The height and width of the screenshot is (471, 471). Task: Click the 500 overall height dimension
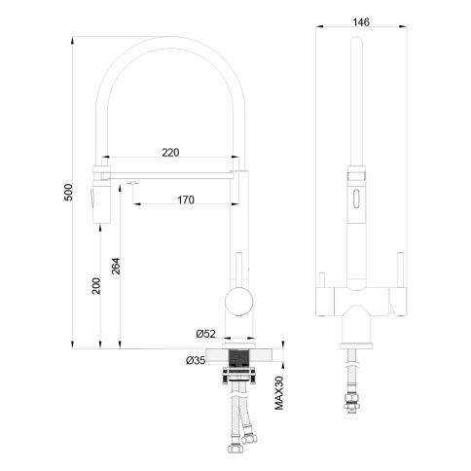pos(67,194)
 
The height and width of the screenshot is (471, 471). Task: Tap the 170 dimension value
pos(186,199)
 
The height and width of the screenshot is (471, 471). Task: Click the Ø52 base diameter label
pos(204,334)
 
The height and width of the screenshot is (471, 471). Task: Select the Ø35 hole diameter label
pos(195,360)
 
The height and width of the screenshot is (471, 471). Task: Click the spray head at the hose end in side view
pos(96,199)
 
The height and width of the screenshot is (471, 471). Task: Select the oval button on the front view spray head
pos(356,202)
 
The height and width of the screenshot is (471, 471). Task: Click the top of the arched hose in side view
pos(165,40)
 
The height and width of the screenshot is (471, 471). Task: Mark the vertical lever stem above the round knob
pos(236,268)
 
